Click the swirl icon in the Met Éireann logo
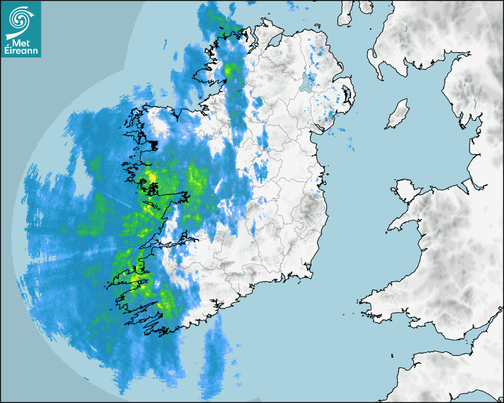[21, 18]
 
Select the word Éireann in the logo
[21, 50]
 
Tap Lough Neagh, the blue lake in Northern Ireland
[307, 82]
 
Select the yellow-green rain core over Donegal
[229, 71]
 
